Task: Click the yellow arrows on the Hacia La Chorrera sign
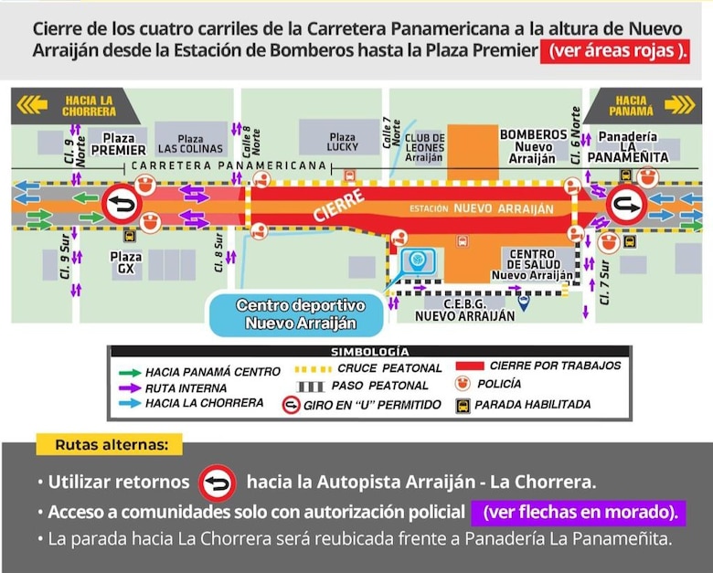click(x=32, y=106)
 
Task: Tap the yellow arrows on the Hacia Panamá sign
click(x=678, y=105)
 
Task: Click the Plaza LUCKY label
click(x=342, y=143)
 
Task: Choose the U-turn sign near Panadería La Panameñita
click(x=626, y=205)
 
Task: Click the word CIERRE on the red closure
click(x=333, y=203)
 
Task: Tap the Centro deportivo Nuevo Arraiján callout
click(x=300, y=313)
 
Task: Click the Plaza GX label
click(x=125, y=263)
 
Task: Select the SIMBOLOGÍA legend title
click(x=368, y=352)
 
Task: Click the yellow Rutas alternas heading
click(x=109, y=446)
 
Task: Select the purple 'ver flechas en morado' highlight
click(x=578, y=511)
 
